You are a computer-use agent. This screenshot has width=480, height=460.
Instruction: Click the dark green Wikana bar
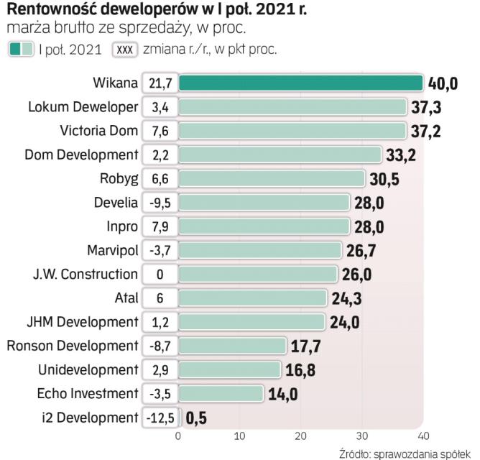(300, 83)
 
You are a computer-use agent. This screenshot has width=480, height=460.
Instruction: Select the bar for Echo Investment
(221, 393)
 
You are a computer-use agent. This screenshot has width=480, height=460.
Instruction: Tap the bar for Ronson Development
(232, 346)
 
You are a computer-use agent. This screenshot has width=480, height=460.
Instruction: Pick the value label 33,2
(400, 155)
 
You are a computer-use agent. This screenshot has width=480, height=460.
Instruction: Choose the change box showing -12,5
(160, 418)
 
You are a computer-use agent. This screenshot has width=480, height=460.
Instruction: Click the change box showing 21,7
(160, 83)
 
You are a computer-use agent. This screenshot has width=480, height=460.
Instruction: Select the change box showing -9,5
(160, 203)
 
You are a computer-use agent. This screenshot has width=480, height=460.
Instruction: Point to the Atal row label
(126, 298)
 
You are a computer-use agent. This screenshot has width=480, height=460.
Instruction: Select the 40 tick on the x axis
(423, 436)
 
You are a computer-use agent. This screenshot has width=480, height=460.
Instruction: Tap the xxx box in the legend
(126, 50)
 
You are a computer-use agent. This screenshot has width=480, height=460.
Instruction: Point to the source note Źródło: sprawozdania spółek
(407, 453)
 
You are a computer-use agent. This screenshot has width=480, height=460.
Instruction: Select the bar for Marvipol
(259, 250)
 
